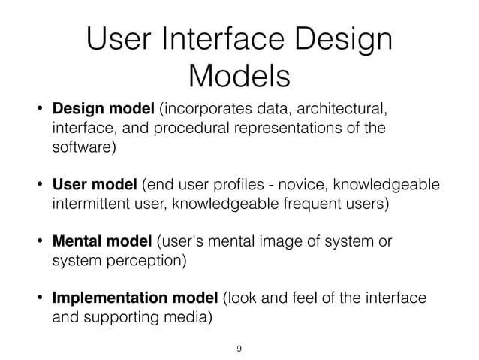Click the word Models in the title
click(239, 76)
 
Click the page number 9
click(239, 349)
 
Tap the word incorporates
click(199, 111)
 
